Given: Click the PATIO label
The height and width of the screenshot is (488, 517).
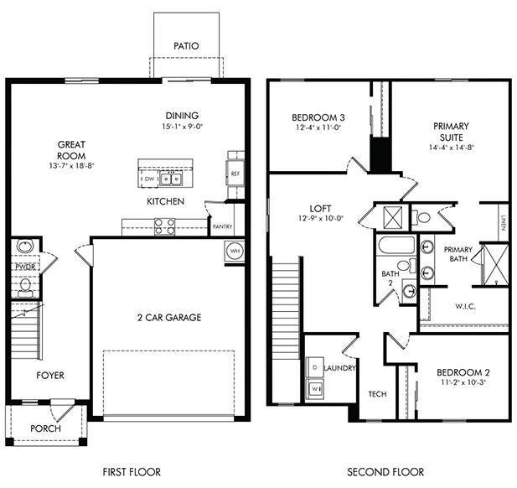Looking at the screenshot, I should pyautogui.click(x=185, y=45).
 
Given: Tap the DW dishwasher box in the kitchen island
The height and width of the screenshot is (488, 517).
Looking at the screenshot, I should pyautogui.click(x=149, y=179).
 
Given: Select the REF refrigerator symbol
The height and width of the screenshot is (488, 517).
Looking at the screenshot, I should pyautogui.click(x=235, y=174).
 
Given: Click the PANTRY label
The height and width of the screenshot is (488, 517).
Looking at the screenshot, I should pyautogui.click(x=222, y=226).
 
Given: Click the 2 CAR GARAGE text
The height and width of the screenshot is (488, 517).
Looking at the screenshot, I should pyautogui.click(x=168, y=317).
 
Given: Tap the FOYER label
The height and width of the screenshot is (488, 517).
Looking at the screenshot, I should pyautogui.click(x=49, y=375).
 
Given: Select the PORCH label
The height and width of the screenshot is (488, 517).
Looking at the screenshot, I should pyautogui.click(x=45, y=428).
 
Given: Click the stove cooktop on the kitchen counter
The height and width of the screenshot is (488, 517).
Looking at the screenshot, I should pyautogui.click(x=164, y=225).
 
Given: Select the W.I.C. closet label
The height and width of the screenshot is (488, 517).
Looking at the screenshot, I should pyautogui.click(x=465, y=306).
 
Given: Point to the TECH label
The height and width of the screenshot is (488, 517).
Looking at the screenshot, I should pyautogui.click(x=377, y=393).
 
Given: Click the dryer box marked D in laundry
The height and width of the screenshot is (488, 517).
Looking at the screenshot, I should pyautogui.click(x=315, y=368).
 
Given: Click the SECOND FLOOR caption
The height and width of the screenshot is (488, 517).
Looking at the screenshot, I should pyautogui.click(x=385, y=472).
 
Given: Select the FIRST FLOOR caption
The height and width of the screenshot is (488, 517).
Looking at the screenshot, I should pyautogui.click(x=132, y=472).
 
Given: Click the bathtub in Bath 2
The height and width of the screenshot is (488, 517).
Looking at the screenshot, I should pyautogui.click(x=394, y=247).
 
